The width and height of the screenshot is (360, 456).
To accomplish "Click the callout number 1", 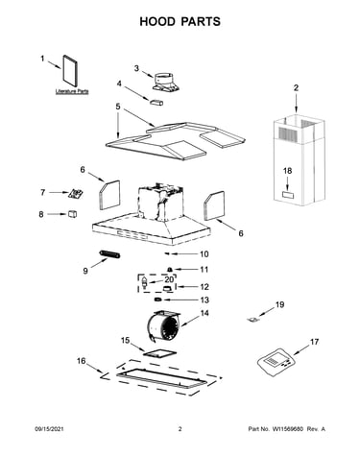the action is [42, 59].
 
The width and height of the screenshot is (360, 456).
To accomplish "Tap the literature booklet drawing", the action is [70, 71].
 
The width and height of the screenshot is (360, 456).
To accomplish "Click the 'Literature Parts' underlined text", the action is [72, 91].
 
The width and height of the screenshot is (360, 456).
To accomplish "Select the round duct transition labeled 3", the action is [165, 82].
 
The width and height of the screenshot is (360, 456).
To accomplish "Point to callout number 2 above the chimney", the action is [296, 87].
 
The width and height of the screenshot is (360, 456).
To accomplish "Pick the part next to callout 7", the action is [75, 193].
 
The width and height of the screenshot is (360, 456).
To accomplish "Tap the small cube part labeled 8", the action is [73, 214].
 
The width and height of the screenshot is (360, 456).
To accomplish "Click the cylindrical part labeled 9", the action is [109, 254].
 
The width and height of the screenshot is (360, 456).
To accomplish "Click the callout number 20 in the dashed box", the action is [169, 279].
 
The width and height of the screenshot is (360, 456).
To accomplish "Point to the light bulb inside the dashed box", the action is [145, 282].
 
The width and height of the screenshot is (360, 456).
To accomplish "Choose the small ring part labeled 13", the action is [157, 300].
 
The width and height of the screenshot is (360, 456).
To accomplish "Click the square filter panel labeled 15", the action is [159, 353].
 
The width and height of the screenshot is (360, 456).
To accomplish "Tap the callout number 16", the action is [82, 361].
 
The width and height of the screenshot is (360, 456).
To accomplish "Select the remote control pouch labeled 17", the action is [276, 362].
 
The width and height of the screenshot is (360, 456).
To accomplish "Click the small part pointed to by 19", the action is [252, 320].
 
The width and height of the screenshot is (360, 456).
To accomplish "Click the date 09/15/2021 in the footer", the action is [49, 429].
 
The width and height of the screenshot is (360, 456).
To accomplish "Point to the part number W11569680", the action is [288, 429].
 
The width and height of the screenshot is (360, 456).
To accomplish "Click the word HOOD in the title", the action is [157, 21].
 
